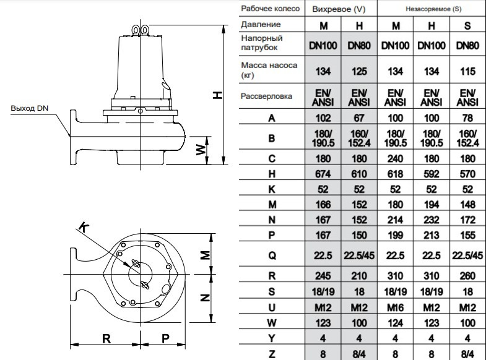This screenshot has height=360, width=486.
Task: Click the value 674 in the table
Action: pyautogui.click(x=323, y=175)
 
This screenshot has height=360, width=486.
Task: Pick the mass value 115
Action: pyautogui.click(x=467, y=71)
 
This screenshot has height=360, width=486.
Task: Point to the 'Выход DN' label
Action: pyautogui.click(x=29, y=109)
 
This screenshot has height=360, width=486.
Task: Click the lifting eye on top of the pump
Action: pyautogui.click(x=141, y=29)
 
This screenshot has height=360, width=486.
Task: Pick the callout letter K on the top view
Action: pyautogui.click(x=85, y=229)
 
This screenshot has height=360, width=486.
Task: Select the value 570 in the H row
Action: pyautogui.click(x=467, y=175)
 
